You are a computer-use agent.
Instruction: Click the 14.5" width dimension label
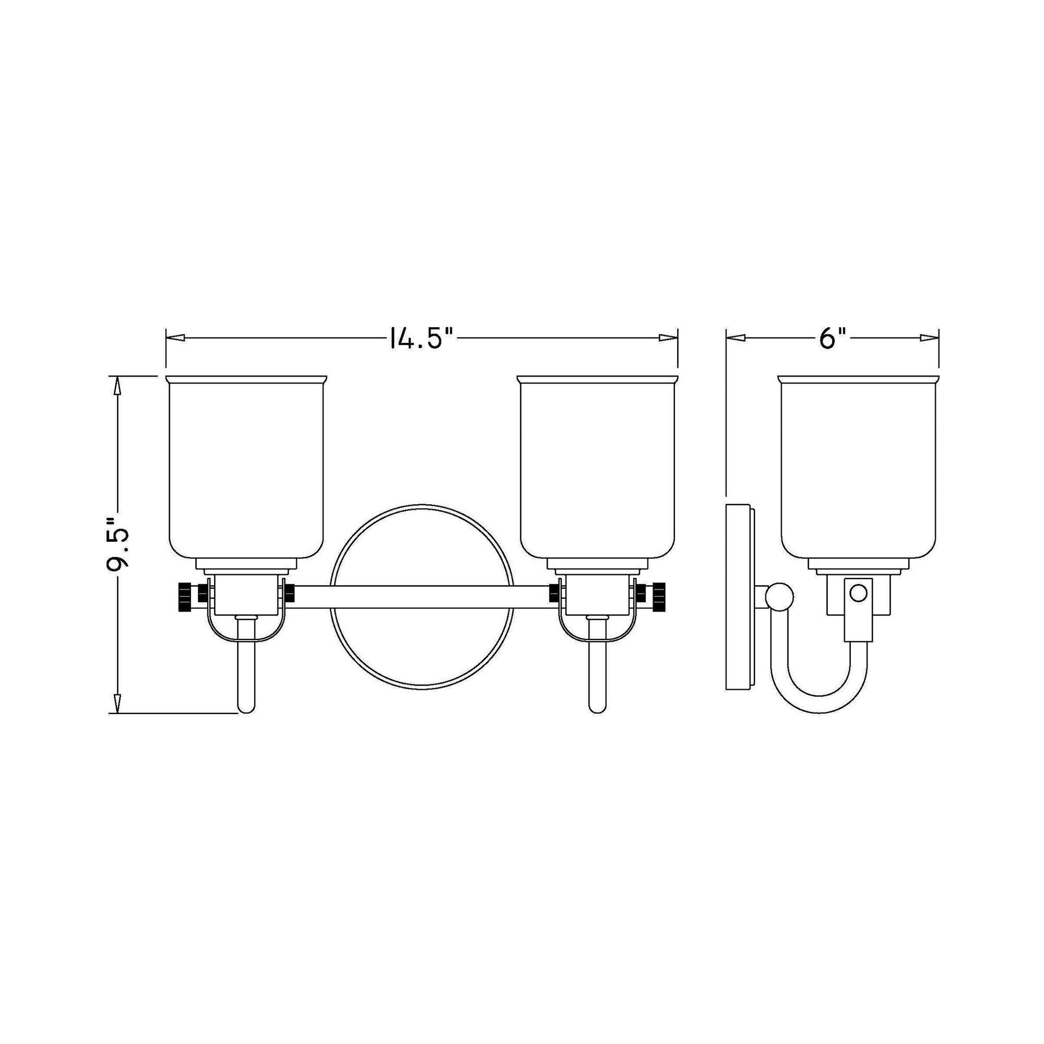pos(420,339)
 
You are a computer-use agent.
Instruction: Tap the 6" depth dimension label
pos(831,339)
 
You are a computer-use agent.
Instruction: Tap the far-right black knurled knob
pos(659,596)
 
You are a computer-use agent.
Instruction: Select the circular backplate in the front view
pos(422,654)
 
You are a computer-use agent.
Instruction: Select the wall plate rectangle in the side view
pos(739,597)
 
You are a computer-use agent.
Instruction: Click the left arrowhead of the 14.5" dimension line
pos(176,338)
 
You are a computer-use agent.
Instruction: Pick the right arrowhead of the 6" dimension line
pos(929,338)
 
